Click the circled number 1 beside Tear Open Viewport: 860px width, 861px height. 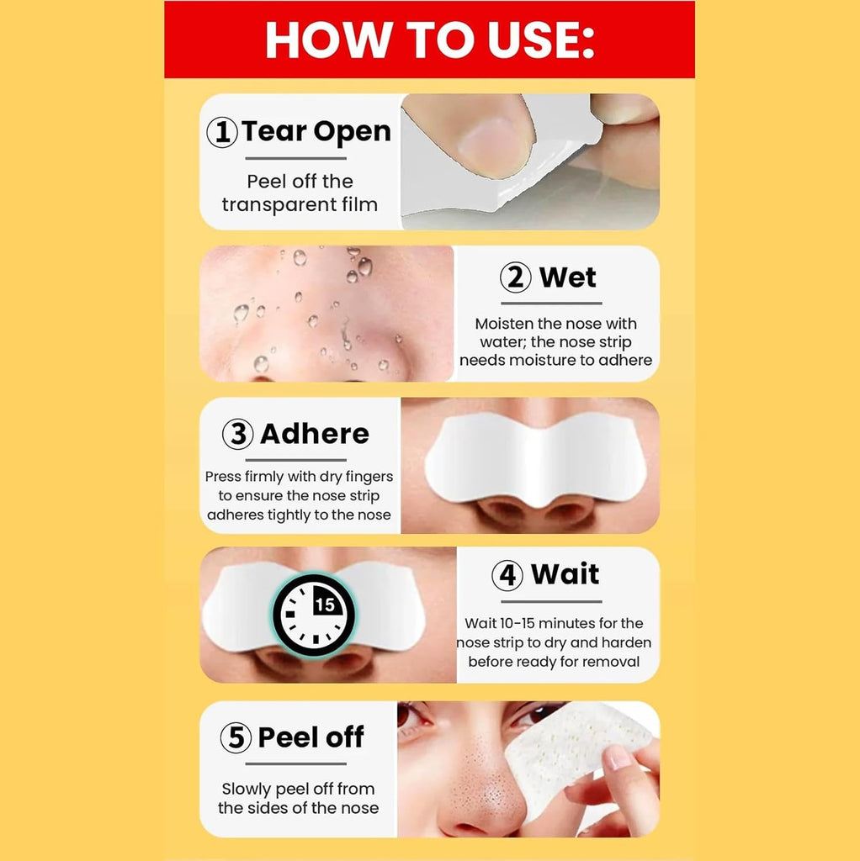point(222,132)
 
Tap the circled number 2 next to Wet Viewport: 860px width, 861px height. point(516,277)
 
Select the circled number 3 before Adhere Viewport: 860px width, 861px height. point(238,434)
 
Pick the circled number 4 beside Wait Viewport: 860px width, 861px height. point(507,575)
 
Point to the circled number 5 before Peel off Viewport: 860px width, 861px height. point(236,737)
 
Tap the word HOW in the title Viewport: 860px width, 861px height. point(328,40)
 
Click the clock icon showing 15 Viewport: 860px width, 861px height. point(315,615)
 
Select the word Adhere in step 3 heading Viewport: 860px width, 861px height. point(315,434)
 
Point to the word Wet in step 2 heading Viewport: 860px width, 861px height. point(568,277)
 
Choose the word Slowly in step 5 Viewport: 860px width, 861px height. point(247,790)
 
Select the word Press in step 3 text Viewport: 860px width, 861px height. point(223,477)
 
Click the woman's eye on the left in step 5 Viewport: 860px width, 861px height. point(411,716)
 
